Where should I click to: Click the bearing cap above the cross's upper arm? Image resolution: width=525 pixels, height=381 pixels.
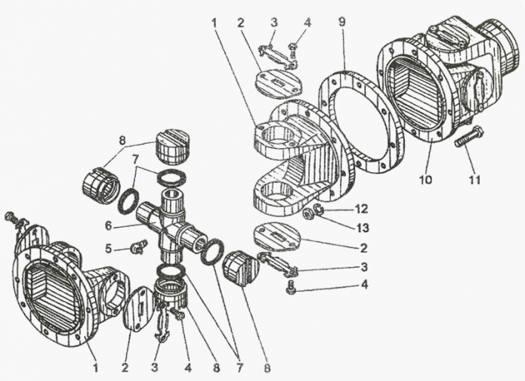(173, 146)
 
